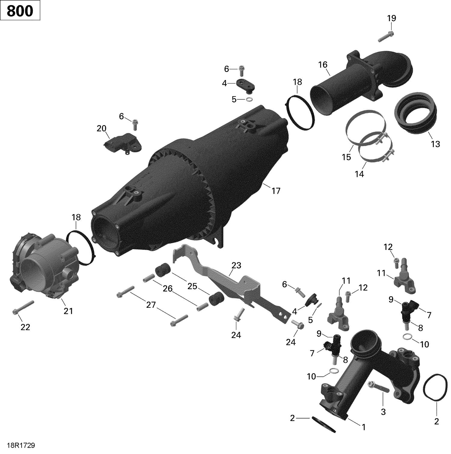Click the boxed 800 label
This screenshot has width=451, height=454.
point(20,11)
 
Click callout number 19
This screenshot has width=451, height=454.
point(391,18)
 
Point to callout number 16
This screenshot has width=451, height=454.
point(323,64)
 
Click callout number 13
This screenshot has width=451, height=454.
point(435,144)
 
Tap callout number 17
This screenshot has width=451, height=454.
point(276,190)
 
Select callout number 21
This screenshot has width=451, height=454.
point(68,311)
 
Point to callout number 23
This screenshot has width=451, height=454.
point(236,265)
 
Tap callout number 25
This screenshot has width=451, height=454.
point(192,286)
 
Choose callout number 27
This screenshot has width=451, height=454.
point(151,305)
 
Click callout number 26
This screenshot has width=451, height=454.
point(167,289)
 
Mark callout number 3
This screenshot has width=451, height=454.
point(383,412)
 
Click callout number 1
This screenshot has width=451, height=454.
point(364,427)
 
